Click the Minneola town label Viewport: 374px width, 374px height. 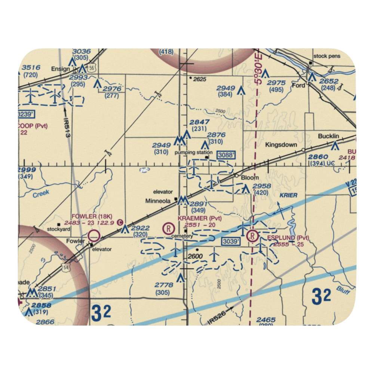(158, 201)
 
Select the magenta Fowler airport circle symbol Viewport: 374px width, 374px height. (94, 236)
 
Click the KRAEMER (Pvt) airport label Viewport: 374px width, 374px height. (200, 218)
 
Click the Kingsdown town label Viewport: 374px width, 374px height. (281, 145)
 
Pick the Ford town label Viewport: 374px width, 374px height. (298, 85)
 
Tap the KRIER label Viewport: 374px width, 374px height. (288, 196)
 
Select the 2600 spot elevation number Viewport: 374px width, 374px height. (195, 257)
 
